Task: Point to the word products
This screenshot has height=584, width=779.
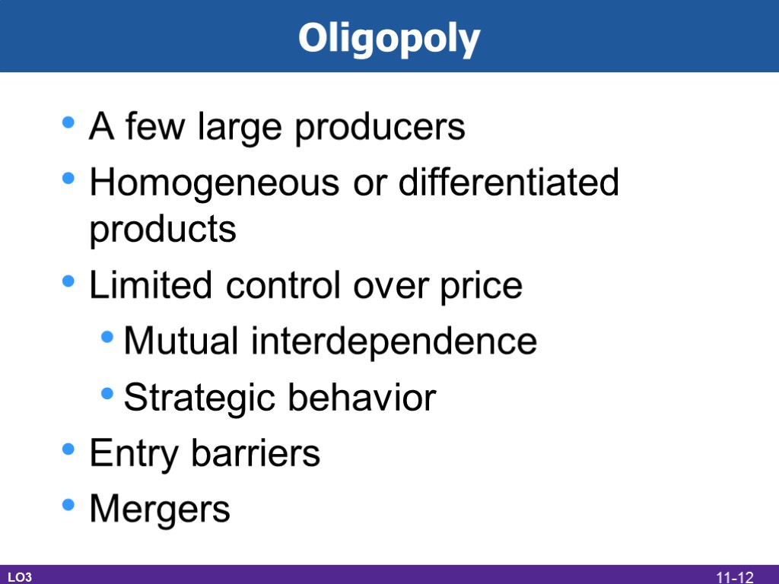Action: (163, 230)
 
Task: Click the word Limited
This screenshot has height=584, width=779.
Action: (142, 286)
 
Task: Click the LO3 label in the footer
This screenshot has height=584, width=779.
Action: (20, 578)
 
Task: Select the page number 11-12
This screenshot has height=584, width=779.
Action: (733, 578)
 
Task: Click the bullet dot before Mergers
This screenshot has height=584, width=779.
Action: (69, 505)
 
